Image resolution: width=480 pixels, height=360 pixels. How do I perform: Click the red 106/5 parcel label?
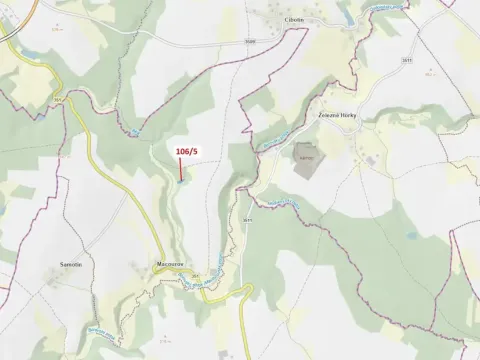[187, 150]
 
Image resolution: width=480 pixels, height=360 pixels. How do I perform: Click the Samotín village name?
[70, 265]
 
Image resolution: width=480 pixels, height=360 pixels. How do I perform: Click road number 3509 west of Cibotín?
[249, 41]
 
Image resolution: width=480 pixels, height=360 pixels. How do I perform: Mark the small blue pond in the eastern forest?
[411, 237]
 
